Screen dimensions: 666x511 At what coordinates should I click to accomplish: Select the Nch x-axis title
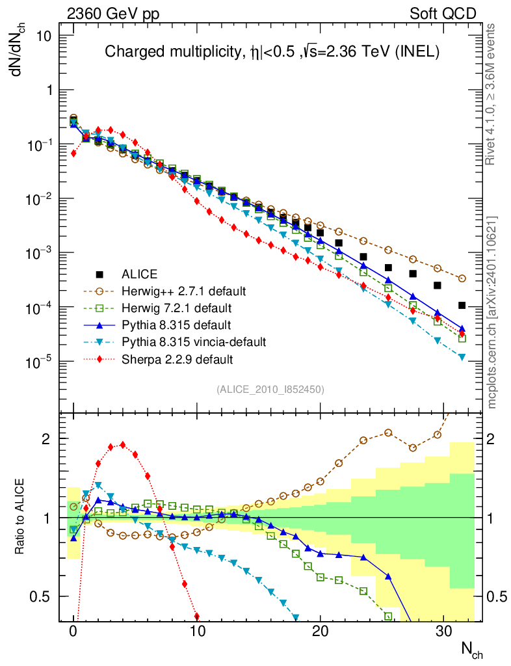[x=471, y=649]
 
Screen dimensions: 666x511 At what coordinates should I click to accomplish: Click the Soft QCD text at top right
[x=443, y=14]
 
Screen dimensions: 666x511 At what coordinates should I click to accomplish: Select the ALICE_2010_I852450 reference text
[x=270, y=390]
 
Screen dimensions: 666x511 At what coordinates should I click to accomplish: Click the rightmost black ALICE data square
[x=462, y=305]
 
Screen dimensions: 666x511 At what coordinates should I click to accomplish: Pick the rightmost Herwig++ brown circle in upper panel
[x=462, y=278]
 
